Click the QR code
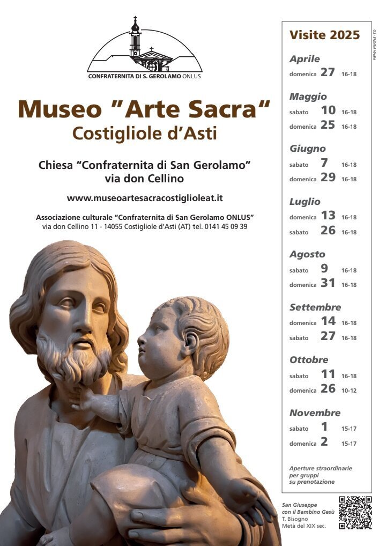click(355, 513)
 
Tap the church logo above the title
click(145, 48)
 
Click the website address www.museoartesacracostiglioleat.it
click(145, 198)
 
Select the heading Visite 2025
click(324, 35)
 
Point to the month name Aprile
click(305, 59)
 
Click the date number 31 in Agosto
click(328, 283)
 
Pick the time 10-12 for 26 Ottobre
click(349, 390)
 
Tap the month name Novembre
click(315, 413)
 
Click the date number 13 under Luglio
click(328, 216)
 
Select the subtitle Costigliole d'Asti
click(145, 133)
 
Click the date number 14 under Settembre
click(328, 321)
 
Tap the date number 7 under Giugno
click(324, 163)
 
